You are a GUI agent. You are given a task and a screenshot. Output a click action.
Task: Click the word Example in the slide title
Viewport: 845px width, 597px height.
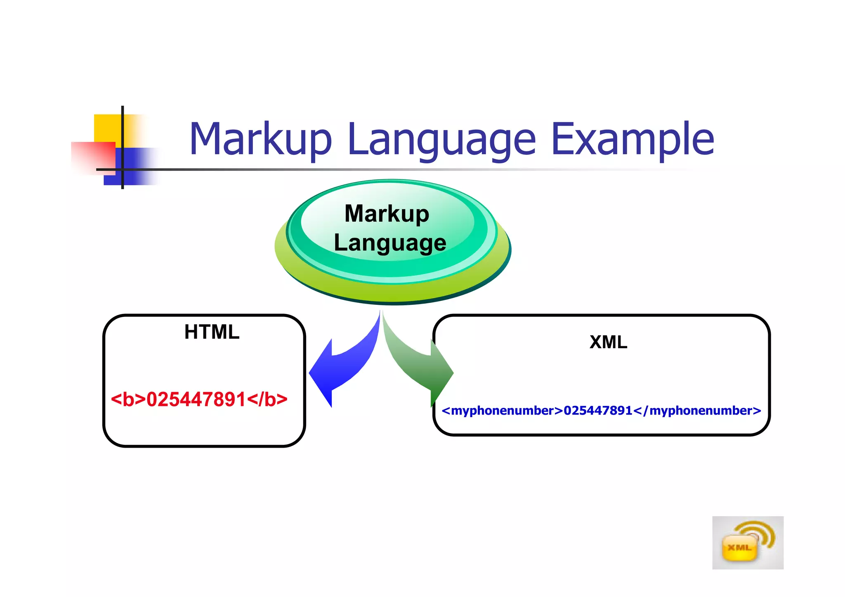(x=632, y=140)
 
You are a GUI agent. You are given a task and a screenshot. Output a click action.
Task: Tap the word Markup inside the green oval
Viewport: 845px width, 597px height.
(x=387, y=214)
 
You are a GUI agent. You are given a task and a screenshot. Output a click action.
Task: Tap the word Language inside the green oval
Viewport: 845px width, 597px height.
(x=389, y=243)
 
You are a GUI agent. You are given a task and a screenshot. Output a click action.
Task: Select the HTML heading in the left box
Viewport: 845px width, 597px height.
(x=212, y=332)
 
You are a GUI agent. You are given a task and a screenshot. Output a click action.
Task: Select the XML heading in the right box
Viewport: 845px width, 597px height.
(x=608, y=342)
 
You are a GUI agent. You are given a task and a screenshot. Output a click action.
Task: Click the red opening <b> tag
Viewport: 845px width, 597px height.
(x=128, y=399)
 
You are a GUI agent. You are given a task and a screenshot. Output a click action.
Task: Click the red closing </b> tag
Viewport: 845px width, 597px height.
(x=267, y=399)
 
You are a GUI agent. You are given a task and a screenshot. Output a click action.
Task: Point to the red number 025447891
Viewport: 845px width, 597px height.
(x=196, y=399)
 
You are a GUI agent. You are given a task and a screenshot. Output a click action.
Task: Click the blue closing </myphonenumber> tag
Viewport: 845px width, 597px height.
(x=697, y=411)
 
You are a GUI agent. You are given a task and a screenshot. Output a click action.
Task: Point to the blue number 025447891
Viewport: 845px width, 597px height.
(x=598, y=411)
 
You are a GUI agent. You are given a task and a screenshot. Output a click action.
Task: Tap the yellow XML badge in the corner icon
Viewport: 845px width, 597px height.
(x=739, y=548)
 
